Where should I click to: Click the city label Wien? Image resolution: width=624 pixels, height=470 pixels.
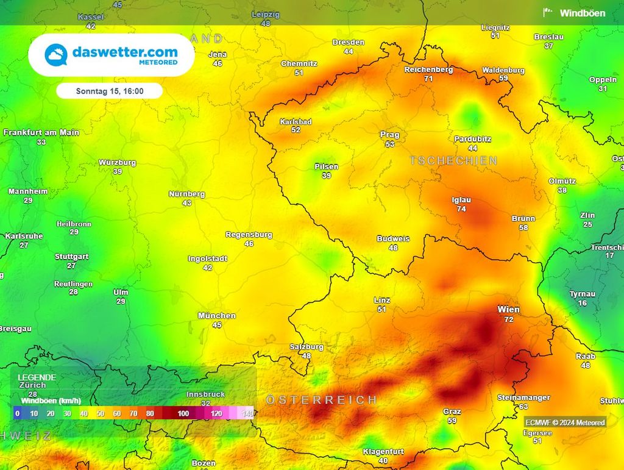tap(509, 310)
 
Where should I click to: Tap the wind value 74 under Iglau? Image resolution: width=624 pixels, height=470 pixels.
tap(461, 209)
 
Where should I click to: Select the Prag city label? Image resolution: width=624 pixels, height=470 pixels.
tap(390, 135)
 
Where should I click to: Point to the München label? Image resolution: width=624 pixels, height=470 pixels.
tap(217, 316)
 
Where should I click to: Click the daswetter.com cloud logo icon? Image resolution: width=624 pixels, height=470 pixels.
tap(55, 55)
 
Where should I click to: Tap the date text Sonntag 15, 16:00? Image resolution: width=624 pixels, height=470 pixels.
tap(110, 91)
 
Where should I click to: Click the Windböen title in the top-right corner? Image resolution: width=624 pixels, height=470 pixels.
tap(583, 13)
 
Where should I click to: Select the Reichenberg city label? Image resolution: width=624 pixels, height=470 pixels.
tap(428, 69)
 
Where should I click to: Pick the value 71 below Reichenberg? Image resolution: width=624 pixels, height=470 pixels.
tap(428, 79)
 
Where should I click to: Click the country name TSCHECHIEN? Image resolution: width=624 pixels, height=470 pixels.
tap(454, 161)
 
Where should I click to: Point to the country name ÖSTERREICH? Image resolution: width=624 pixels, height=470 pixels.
tap(322, 400)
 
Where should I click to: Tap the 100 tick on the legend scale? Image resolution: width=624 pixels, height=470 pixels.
tap(183, 413)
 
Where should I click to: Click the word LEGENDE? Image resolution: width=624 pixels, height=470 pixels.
tap(37, 377)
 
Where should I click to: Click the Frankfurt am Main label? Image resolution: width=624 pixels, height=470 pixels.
tap(41, 132)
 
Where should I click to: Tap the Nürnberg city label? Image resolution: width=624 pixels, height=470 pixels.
tap(186, 194)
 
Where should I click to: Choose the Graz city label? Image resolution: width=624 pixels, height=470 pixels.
tap(452, 411)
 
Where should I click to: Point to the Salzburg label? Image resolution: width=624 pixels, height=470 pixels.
tap(307, 347)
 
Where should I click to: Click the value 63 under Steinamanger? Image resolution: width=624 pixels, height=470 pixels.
tap(523, 407)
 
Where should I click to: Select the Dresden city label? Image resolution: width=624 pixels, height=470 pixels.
tap(349, 42)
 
